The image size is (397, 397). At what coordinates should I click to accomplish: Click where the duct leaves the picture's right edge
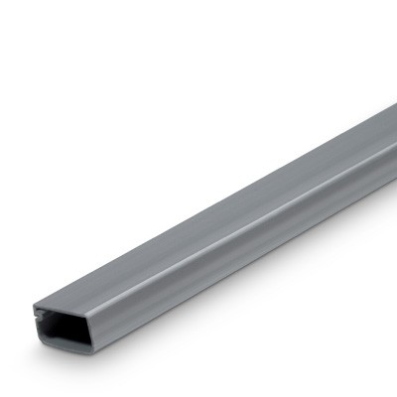coord(394,139)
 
